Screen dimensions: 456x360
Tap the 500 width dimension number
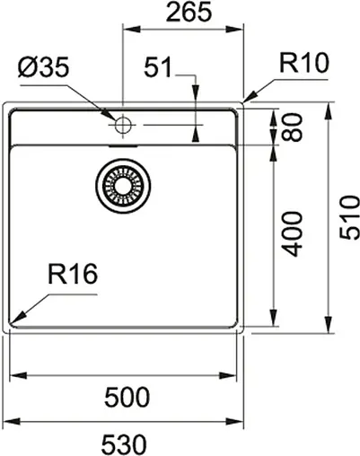126,396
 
